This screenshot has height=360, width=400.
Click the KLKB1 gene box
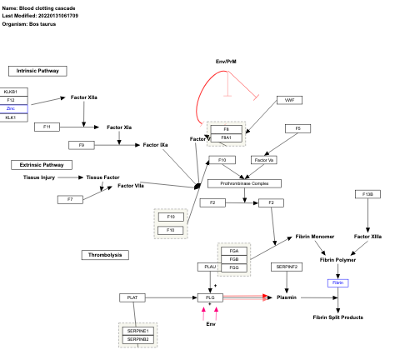(x=15, y=92)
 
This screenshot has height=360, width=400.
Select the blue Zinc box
(x=15, y=109)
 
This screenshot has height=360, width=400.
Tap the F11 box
(x=47, y=127)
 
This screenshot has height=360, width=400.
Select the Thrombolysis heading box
(x=105, y=253)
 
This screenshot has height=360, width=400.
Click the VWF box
(x=289, y=100)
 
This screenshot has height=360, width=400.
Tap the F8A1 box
(x=226, y=138)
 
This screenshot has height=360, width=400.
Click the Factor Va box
(x=264, y=159)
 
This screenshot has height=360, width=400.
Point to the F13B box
(x=367, y=194)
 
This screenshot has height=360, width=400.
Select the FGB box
(x=233, y=259)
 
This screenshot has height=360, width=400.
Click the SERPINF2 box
(x=286, y=267)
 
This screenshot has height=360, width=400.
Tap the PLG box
(x=209, y=297)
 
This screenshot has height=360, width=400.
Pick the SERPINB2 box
(x=137, y=339)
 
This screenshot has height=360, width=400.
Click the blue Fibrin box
(x=337, y=282)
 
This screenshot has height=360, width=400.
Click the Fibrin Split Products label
(x=337, y=317)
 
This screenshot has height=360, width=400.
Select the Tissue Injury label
(x=39, y=177)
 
